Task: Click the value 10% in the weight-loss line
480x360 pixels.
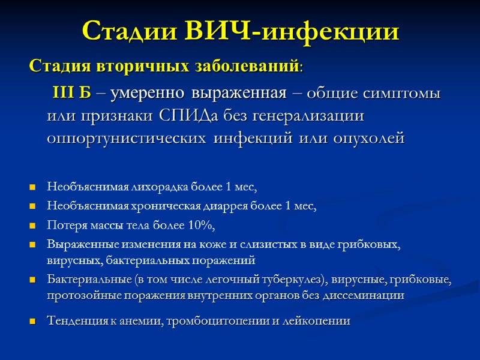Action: (x=201, y=225)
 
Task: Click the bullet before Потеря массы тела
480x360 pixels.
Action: (x=32, y=226)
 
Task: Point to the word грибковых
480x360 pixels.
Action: (x=375, y=244)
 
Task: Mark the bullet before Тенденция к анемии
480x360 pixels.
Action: (x=32, y=322)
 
